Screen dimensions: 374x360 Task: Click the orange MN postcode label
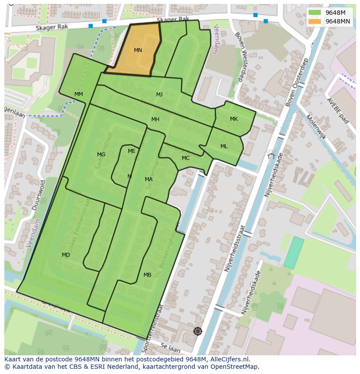coord(138,50)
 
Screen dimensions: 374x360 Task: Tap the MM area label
coord(79,94)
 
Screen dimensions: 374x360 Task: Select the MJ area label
coord(160,95)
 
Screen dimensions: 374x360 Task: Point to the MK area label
coord(234,119)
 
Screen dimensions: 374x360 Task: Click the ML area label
coord(224,146)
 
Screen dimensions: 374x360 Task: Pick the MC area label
coord(186,158)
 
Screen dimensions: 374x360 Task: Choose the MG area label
coord(101,155)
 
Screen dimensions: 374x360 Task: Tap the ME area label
coord(132,151)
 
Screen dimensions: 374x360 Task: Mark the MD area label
coord(66,255)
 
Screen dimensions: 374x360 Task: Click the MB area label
coord(147,275)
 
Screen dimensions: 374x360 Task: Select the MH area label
coord(155,119)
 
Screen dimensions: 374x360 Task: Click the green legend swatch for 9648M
coord(315,13)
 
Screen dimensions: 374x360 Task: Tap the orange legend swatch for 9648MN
coord(315,21)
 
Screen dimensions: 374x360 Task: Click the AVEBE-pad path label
coord(339,110)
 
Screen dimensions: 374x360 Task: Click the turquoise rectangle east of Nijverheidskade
coord(294,252)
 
